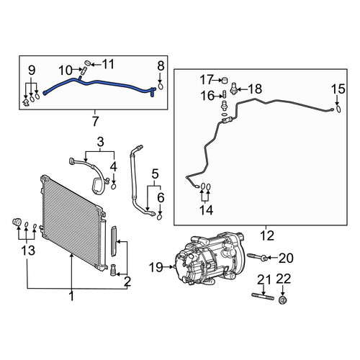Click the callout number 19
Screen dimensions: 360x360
pyautogui.click(x=156, y=267)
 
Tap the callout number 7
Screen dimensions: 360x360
pyautogui.click(x=95, y=122)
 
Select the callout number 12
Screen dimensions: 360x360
pyautogui.click(x=267, y=235)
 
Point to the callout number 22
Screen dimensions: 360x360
pyautogui.click(x=284, y=279)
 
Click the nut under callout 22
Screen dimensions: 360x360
pyautogui.click(x=283, y=300)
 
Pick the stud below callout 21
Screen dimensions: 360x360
pyautogui.click(x=263, y=297)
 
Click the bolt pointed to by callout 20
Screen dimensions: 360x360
pyautogui.click(x=258, y=256)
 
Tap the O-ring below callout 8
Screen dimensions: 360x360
pyautogui.click(x=161, y=86)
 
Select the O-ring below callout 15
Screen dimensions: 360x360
pyautogui.click(x=338, y=109)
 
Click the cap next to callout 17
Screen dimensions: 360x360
pyautogui.click(x=224, y=80)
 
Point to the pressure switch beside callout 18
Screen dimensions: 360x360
pyautogui.click(x=233, y=89)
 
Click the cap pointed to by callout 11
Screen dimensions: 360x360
pyautogui.click(x=88, y=63)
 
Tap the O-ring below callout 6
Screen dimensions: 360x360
pyautogui.click(x=160, y=217)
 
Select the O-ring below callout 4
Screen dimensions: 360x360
pyautogui.click(x=114, y=186)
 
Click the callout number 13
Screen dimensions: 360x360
pyautogui.click(x=28, y=251)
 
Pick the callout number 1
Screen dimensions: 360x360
pyautogui.click(x=71, y=297)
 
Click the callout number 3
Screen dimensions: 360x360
pyautogui.click(x=100, y=142)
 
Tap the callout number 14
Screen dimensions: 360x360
pyautogui.click(x=206, y=210)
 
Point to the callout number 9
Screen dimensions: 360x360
pyautogui.click(x=32, y=70)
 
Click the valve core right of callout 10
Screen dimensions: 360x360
pyautogui.click(x=84, y=71)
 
